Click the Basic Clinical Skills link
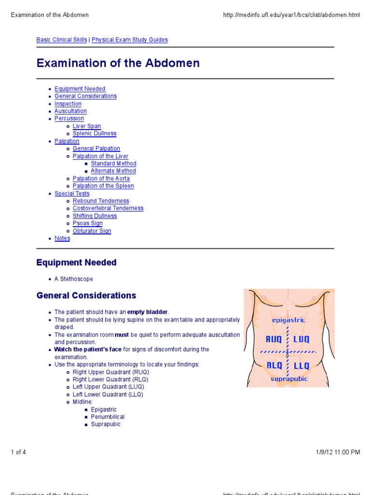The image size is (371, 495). point(62,40)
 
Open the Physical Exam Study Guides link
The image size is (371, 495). point(129,40)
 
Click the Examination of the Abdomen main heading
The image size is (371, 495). point(118,63)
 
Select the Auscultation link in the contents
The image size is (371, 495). point(71,111)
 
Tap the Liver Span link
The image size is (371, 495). point(87,126)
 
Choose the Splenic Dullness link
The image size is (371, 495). point(95,133)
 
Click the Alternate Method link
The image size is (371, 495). point(114,171)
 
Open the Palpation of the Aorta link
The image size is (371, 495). point(101,178)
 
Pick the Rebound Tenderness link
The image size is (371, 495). point(101,201)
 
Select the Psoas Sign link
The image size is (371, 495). point(87,223)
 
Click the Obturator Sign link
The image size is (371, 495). point(92,231)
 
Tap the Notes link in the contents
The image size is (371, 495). point(62,238)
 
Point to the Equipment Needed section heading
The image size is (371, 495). point(76,262)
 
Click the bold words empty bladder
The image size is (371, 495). point(148,312)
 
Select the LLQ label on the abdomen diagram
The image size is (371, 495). point(302,365)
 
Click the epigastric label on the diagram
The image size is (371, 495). point(288,320)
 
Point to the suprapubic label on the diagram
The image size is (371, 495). point(289,379)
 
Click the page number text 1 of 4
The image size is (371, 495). point(18,452)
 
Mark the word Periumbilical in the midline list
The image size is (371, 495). point(108,417)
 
